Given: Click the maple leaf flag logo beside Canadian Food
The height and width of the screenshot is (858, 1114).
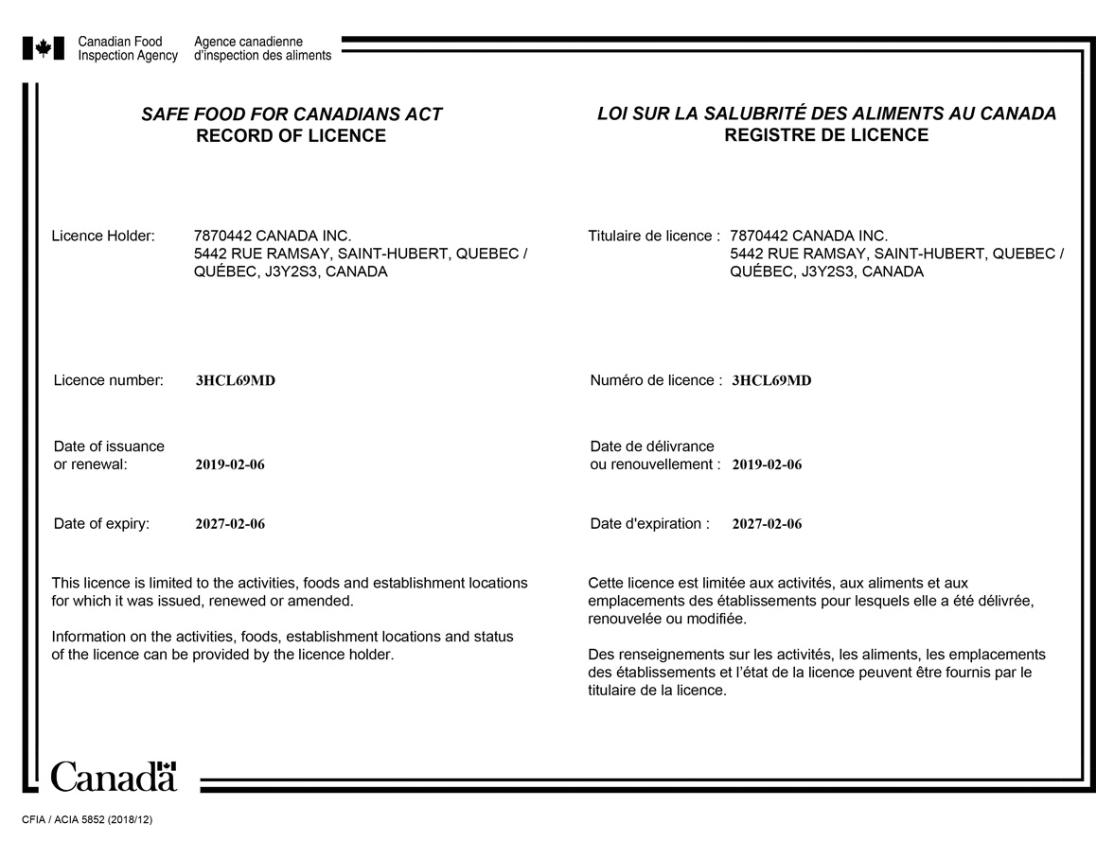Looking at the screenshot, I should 44,48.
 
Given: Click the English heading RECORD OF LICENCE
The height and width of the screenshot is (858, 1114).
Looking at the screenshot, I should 291,136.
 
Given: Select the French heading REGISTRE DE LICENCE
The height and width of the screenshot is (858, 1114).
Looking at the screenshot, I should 826,135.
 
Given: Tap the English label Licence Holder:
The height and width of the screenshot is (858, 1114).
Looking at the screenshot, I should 103,236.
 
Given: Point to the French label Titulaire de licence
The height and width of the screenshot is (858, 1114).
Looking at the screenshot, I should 654,236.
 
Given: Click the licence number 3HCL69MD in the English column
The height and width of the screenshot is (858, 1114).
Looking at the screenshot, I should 235,381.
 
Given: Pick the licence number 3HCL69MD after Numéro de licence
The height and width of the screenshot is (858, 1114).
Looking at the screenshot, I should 771,381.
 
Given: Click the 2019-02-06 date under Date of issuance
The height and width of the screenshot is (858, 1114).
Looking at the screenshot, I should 230,465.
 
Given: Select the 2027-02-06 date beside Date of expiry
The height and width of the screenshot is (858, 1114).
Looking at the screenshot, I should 230,524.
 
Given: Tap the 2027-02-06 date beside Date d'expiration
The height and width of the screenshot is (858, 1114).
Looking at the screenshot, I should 767,524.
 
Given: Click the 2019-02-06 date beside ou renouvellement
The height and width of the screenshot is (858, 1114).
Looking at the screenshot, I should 767,465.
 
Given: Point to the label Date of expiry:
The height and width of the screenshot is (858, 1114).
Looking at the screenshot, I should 101,524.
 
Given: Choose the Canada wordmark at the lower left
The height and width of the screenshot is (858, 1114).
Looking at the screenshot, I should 114,777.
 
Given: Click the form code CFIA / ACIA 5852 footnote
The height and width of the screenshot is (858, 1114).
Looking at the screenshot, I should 87,820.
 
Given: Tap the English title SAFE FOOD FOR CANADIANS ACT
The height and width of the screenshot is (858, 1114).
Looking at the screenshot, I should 292,114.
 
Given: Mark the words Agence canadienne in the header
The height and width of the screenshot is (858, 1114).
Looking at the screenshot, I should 248,42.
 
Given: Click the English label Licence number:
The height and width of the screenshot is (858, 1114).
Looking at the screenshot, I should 109,380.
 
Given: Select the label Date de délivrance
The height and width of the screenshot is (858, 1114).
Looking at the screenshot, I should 652,447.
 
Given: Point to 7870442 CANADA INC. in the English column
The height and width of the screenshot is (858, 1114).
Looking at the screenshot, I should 272,236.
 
